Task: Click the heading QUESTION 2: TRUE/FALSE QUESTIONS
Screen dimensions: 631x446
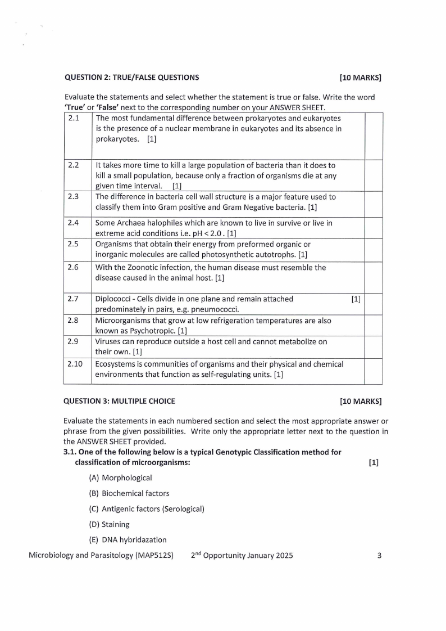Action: tap(131, 78)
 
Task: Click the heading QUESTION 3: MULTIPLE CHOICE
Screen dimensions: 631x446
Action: tap(119, 401)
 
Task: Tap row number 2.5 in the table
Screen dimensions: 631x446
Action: tap(73, 244)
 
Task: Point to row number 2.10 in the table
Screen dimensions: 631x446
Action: tap(75, 364)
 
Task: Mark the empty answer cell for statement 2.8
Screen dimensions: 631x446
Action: tap(374, 326)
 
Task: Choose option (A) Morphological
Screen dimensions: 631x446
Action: tap(120, 478)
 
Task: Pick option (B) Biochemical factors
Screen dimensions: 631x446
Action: tap(129, 493)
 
